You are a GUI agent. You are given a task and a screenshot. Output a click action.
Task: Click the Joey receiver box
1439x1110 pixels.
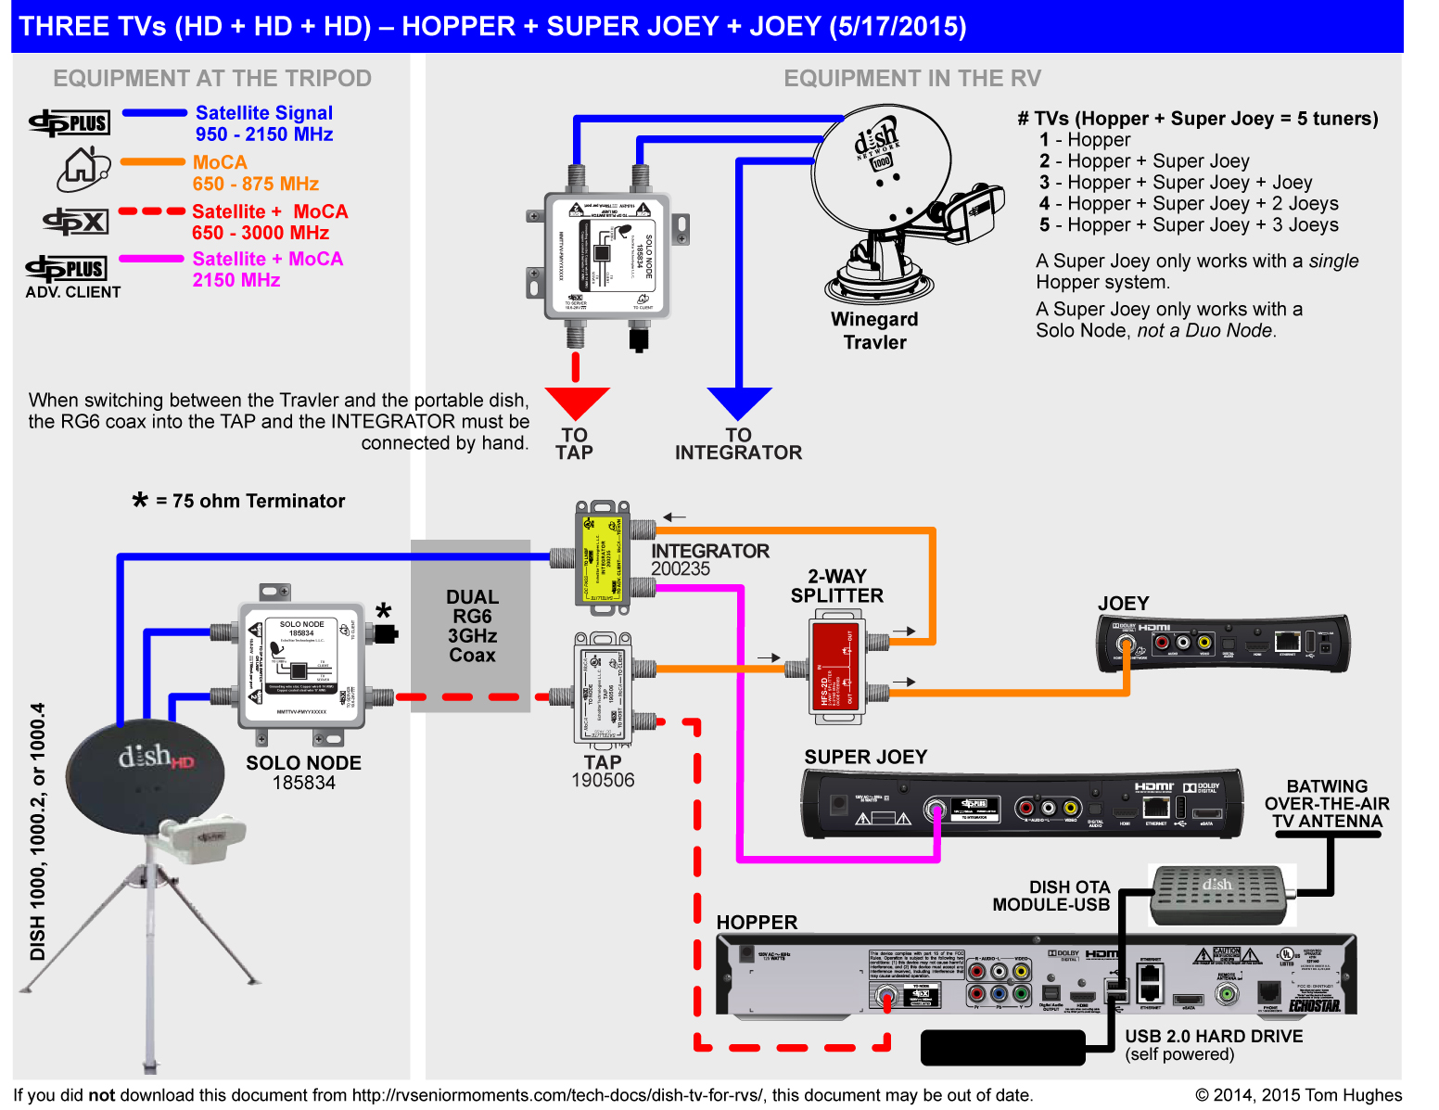coord(1222,643)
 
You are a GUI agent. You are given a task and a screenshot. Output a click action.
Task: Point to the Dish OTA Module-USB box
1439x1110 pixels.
coord(1217,894)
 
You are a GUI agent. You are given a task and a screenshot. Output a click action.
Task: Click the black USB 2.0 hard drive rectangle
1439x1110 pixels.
coord(1002,1048)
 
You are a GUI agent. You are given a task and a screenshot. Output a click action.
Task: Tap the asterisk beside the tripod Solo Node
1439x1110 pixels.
coord(384,611)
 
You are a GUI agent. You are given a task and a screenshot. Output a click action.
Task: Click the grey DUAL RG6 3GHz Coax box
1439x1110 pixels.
coord(471,626)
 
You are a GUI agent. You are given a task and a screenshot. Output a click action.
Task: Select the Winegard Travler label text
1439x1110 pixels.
coord(874,331)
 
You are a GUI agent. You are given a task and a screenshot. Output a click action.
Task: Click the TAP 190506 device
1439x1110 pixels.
coord(603,691)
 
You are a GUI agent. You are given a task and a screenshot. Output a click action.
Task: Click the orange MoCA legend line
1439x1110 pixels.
coord(153,162)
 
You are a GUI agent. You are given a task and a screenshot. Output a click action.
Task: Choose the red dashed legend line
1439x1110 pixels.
coord(152,211)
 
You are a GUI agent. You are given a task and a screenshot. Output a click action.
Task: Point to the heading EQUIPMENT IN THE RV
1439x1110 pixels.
coord(912,79)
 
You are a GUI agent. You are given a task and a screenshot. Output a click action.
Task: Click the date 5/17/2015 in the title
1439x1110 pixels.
coord(898,26)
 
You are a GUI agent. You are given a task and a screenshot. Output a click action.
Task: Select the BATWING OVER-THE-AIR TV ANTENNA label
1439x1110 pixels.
coord(1327,804)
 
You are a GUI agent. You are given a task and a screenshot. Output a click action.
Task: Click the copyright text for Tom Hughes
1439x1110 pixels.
coord(1298,1095)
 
